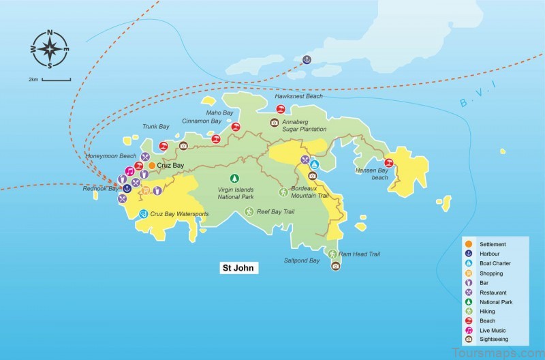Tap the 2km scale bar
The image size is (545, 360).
click(56, 80)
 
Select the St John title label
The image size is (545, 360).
click(238, 268)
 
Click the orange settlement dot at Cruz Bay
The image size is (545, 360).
click(151, 166)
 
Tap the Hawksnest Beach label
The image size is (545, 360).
click(298, 97)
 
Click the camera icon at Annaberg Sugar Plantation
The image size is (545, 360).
click(275, 123)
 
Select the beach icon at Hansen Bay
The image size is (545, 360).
click(388, 163)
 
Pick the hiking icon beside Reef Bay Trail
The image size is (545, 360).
click(249, 212)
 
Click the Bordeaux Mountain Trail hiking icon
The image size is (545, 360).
click(284, 192)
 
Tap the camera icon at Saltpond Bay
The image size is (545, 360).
click(335, 266)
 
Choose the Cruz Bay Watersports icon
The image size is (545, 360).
click(143, 214)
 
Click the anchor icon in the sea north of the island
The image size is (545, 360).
click(307, 59)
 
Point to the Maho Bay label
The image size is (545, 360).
click(219, 112)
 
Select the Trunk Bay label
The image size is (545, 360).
click(155, 126)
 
